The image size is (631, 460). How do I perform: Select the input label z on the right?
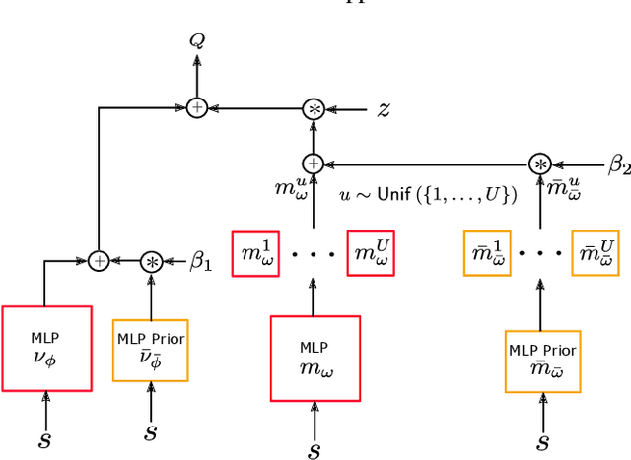pos(384,110)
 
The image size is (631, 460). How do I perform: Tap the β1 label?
pos(201,262)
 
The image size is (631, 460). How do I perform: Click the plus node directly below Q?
pos(196,109)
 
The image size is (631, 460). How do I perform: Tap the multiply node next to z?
pos(313,109)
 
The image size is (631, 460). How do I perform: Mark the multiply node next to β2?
pos(539,164)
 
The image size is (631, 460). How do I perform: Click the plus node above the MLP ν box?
pos(99,261)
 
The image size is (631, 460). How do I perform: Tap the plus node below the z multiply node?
pos(313,164)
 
